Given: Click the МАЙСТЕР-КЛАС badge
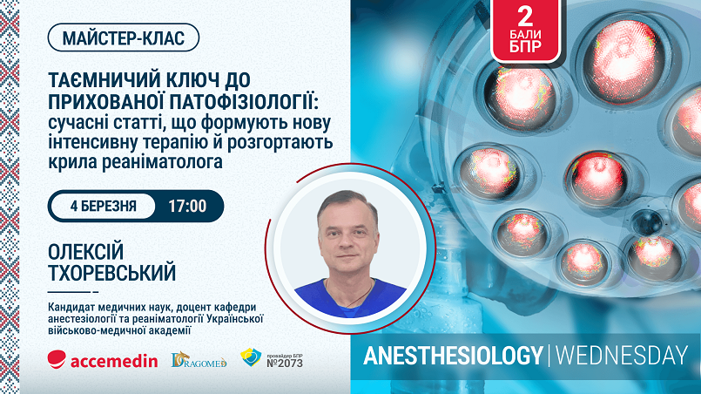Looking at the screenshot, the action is [123, 37].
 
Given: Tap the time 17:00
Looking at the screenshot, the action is [187, 206].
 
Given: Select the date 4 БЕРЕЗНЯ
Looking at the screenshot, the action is [104, 206].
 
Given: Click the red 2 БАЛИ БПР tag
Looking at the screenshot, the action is [525, 31].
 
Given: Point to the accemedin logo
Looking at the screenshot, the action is [103, 360].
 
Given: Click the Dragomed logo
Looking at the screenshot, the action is [199, 359].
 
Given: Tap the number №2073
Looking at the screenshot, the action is [285, 363].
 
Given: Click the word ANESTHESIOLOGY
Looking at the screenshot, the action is [453, 356].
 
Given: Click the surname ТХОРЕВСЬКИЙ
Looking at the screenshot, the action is [111, 273].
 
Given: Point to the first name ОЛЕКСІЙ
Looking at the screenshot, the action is [85, 252].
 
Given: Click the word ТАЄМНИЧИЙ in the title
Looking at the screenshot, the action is [104, 80].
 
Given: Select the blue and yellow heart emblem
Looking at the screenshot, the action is [251, 357].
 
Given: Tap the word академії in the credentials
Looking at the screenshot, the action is [170, 330].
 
